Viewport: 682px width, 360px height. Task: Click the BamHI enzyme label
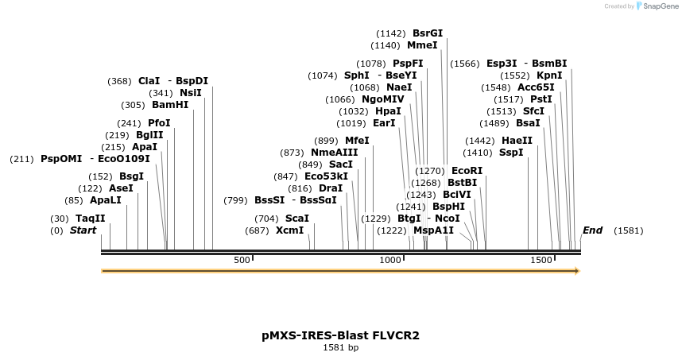(172, 105)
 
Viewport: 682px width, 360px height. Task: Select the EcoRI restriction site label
(467, 171)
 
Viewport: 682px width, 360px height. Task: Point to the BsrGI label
(428, 33)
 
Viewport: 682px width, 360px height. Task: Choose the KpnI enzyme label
(549, 75)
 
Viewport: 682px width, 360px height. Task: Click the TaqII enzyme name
(90, 219)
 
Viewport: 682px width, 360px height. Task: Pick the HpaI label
(388, 111)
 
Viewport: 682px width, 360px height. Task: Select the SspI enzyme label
(511, 153)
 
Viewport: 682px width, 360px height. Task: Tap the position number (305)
(132, 105)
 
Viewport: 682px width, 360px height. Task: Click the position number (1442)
(479, 141)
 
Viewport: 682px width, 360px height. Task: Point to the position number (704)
(266, 219)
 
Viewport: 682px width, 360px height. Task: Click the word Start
(83, 230)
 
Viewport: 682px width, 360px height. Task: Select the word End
(592, 230)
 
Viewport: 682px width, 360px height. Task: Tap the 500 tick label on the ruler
(242, 261)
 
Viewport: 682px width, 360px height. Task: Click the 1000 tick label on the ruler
(390, 261)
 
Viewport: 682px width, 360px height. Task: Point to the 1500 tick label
(541, 261)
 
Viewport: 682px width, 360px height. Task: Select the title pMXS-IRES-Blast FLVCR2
(340, 335)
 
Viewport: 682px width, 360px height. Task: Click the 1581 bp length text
(340, 347)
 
